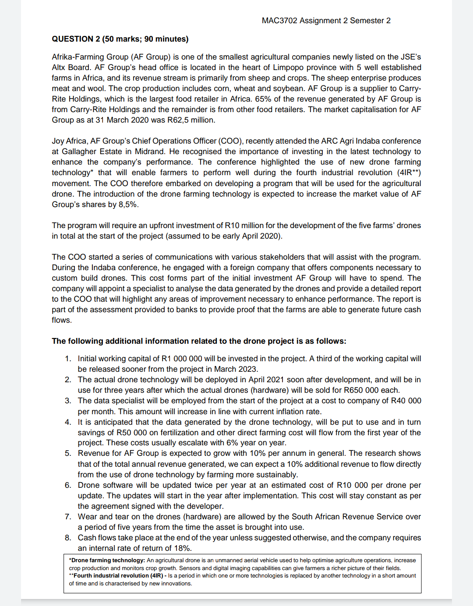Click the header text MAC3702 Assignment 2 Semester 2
tap(326, 21)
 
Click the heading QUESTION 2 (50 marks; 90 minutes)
tap(120, 39)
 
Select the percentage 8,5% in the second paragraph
tap(128, 204)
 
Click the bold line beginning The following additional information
tap(199, 341)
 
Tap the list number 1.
tap(68, 359)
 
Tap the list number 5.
tap(68, 453)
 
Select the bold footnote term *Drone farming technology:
tap(107, 560)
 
